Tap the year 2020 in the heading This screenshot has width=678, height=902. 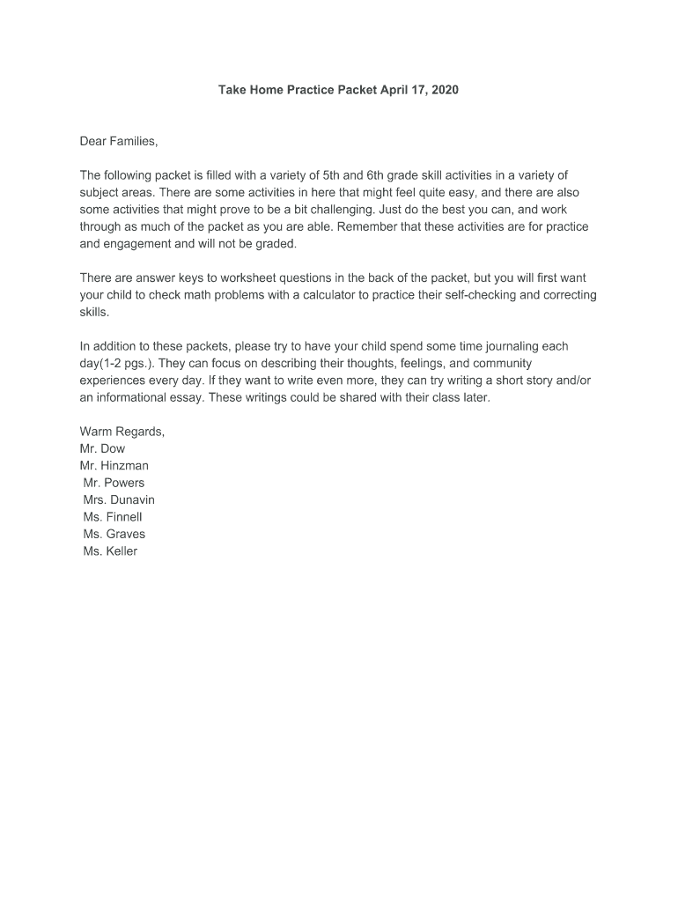(445, 91)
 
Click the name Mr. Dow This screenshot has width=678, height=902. (102, 448)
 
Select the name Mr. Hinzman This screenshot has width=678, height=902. (114, 465)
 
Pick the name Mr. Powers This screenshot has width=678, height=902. (114, 483)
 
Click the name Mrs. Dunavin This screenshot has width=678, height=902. (119, 499)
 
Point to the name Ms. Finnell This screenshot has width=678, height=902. (113, 517)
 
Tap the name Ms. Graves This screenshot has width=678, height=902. (114, 534)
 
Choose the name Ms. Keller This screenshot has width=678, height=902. (110, 551)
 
